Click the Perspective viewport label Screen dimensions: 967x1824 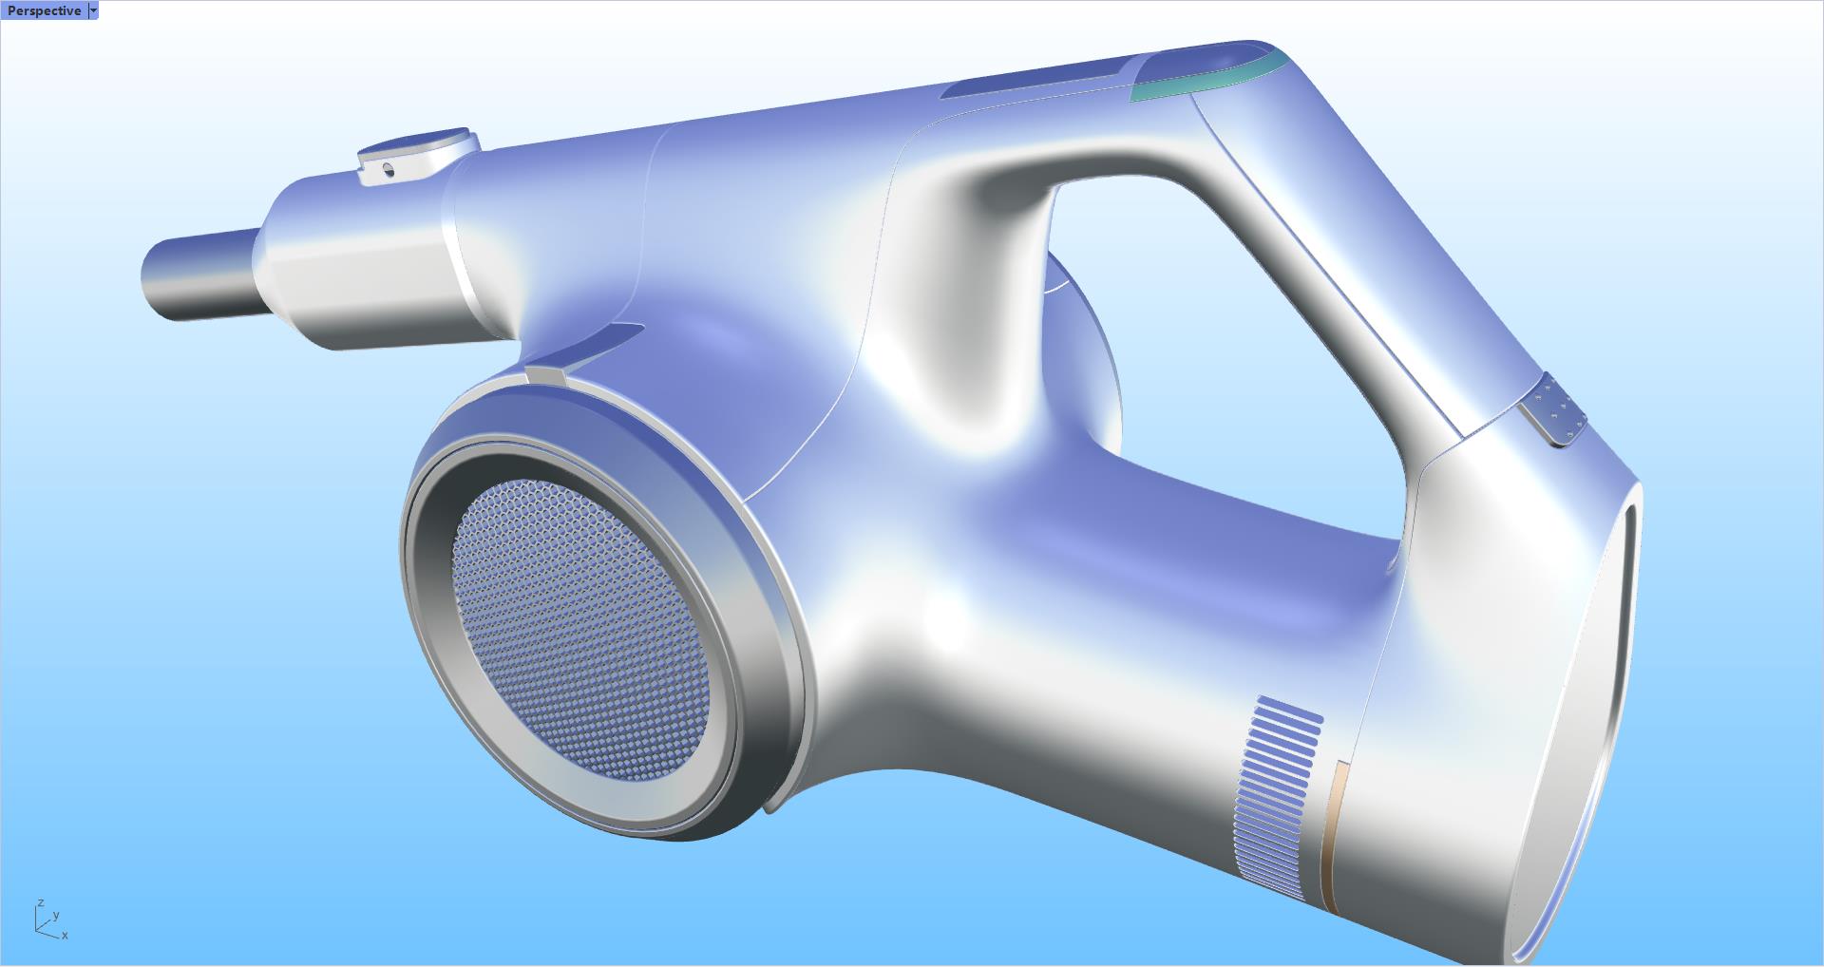44,10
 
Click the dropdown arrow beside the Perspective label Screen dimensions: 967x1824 92,10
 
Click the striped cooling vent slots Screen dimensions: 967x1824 1278,798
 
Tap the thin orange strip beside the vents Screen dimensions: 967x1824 1331,836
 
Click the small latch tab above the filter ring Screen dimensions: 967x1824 545,375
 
